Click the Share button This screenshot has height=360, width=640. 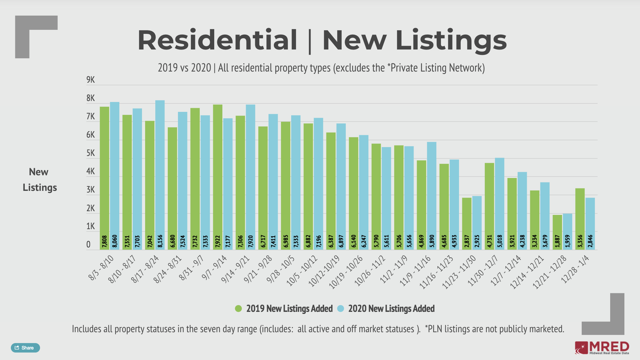coord(25,348)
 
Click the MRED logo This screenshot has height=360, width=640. coord(602,348)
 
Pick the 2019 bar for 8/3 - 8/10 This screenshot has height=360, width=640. coord(104,176)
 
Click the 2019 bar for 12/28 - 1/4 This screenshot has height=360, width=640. coord(580,217)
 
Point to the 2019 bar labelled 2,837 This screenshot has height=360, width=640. coord(467,222)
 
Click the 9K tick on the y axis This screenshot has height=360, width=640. coord(91,80)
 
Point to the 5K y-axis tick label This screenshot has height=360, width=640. coord(91,153)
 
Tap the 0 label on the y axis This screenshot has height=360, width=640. coord(88,244)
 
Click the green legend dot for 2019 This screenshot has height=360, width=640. coord(238,308)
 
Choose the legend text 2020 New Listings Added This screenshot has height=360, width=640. coord(391,308)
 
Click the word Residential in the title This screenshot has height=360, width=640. coord(217,40)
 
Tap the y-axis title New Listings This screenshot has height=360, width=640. coord(39,180)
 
